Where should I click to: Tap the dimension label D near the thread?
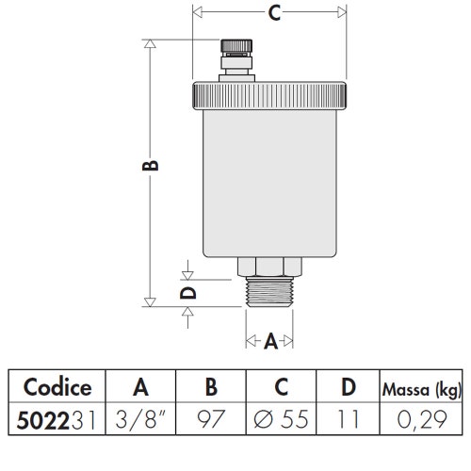click(189, 293)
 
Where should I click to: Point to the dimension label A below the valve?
click(270, 343)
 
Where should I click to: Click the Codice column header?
click(57, 387)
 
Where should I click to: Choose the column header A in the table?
click(141, 387)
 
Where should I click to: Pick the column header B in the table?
click(210, 387)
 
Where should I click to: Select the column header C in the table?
click(280, 387)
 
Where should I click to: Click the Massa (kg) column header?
click(419, 388)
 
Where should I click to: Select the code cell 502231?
click(57, 419)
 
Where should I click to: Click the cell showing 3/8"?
click(141, 419)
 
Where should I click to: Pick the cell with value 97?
click(210, 419)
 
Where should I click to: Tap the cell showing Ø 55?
click(280, 419)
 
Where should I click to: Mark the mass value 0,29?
click(419, 419)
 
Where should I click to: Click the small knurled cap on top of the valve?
click(233, 47)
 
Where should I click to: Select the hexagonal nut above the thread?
click(269, 267)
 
